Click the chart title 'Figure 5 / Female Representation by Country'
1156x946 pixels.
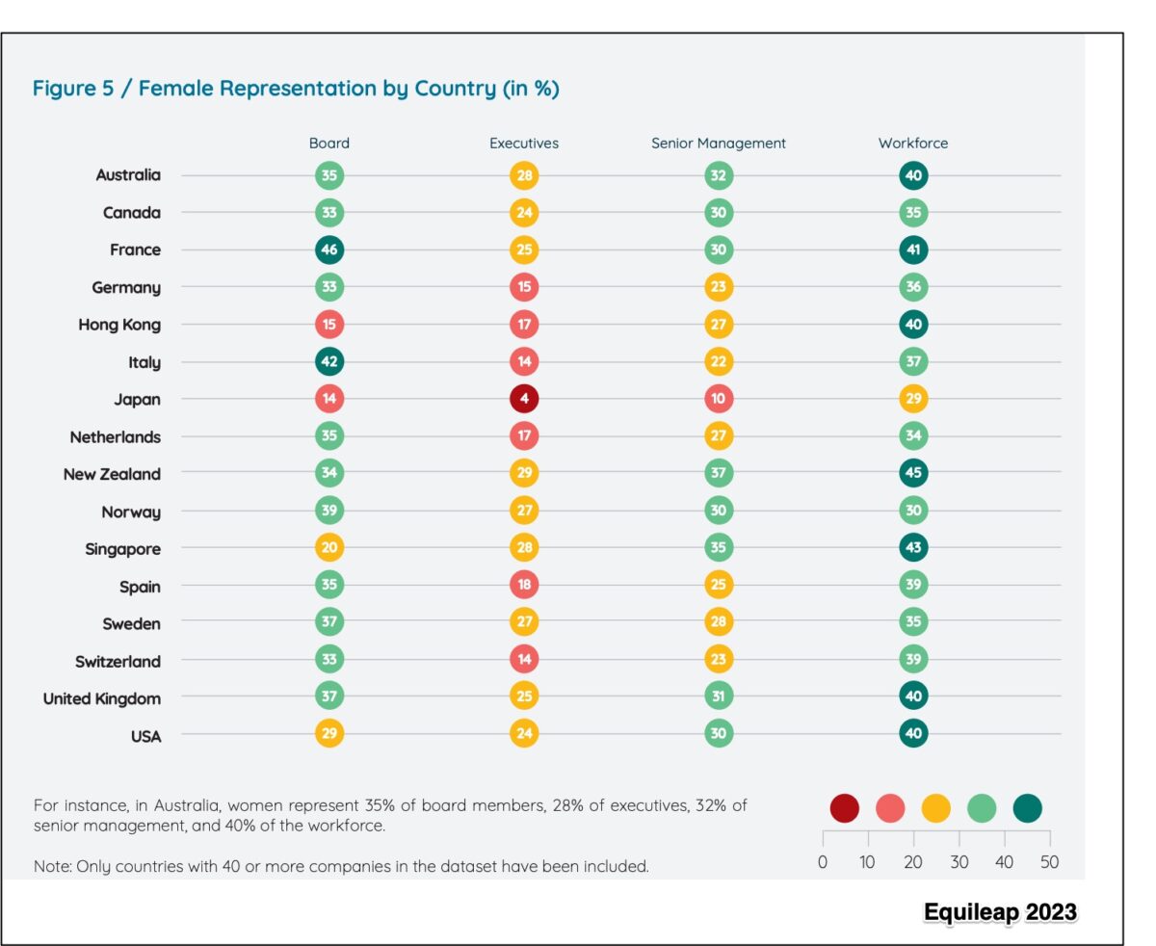pyautogui.click(x=296, y=89)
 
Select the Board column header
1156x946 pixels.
pyautogui.click(x=329, y=143)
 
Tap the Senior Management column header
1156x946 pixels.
pyautogui.click(x=718, y=143)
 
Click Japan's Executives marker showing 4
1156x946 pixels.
pyautogui.click(x=524, y=399)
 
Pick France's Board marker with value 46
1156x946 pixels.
pyautogui.click(x=329, y=250)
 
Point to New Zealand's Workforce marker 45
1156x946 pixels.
pyautogui.click(x=913, y=474)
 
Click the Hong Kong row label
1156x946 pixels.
pyautogui.click(x=119, y=325)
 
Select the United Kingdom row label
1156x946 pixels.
pyautogui.click(x=102, y=698)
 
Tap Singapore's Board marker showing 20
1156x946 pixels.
pyautogui.click(x=329, y=549)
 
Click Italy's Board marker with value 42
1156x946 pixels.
pyautogui.click(x=329, y=362)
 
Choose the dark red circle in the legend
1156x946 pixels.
pyautogui.click(x=844, y=808)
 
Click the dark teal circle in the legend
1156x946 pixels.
pyautogui.click(x=1027, y=808)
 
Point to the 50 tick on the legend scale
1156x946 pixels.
pyautogui.click(x=1049, y=862)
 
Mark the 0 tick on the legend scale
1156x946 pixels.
pyautogui.click(x=823, y=862)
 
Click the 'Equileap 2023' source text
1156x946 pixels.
pyautogui.click(x=999, y=912)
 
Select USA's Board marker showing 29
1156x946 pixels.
pyautogui.click(x=329, y=735)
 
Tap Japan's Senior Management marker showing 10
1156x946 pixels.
pyautogui.click(x=718, y=399)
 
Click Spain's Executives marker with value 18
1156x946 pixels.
pyautogui.click(x=524, y=586)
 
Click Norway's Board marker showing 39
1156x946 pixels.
pyautogui.click(x=329, y=512)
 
